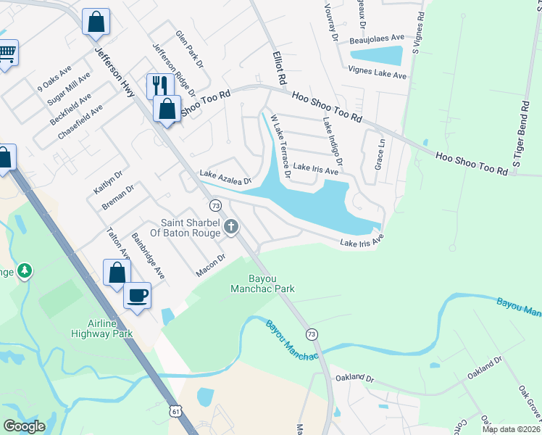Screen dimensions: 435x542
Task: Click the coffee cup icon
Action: (137, 296)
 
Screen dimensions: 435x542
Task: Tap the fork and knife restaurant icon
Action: (159, 86)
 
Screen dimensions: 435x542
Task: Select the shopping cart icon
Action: (7, 52)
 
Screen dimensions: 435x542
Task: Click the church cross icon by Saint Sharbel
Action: (231, 228)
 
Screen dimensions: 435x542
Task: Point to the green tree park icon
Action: (25, 270)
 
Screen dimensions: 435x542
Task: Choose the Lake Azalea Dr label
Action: (225, 177)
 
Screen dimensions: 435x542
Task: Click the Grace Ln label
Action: (379, 151)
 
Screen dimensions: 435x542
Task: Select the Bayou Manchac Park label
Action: (272, 283)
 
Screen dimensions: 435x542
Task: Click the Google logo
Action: (24, 426)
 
